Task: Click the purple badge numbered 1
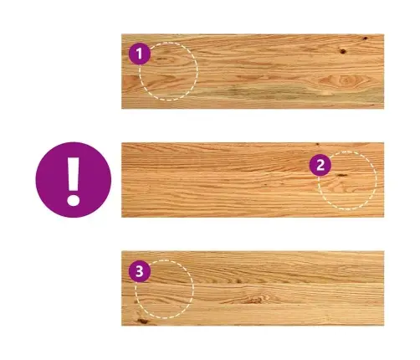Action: coord(140,54)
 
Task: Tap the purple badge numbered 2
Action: coord(320,165)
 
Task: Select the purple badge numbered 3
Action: coord(140,271)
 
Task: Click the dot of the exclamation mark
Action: coord(74,200)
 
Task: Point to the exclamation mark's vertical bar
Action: coord(74,174)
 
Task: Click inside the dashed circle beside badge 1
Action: coord(168,71)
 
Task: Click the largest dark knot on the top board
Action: coord(343,51)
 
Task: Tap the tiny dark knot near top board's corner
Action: coord(365,39)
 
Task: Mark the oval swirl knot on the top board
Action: coord(345,80)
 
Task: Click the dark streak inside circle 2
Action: coord(341,175)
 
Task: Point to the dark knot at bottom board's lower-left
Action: coord(142,321)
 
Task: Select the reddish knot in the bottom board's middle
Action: coord(254,301)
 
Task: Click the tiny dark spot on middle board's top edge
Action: coord(317,144)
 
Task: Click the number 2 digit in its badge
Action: coord(320,165)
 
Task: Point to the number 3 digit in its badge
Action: coord(140,271)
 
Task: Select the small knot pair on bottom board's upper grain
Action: coord(236,280)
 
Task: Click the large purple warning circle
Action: coord(74,180)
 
